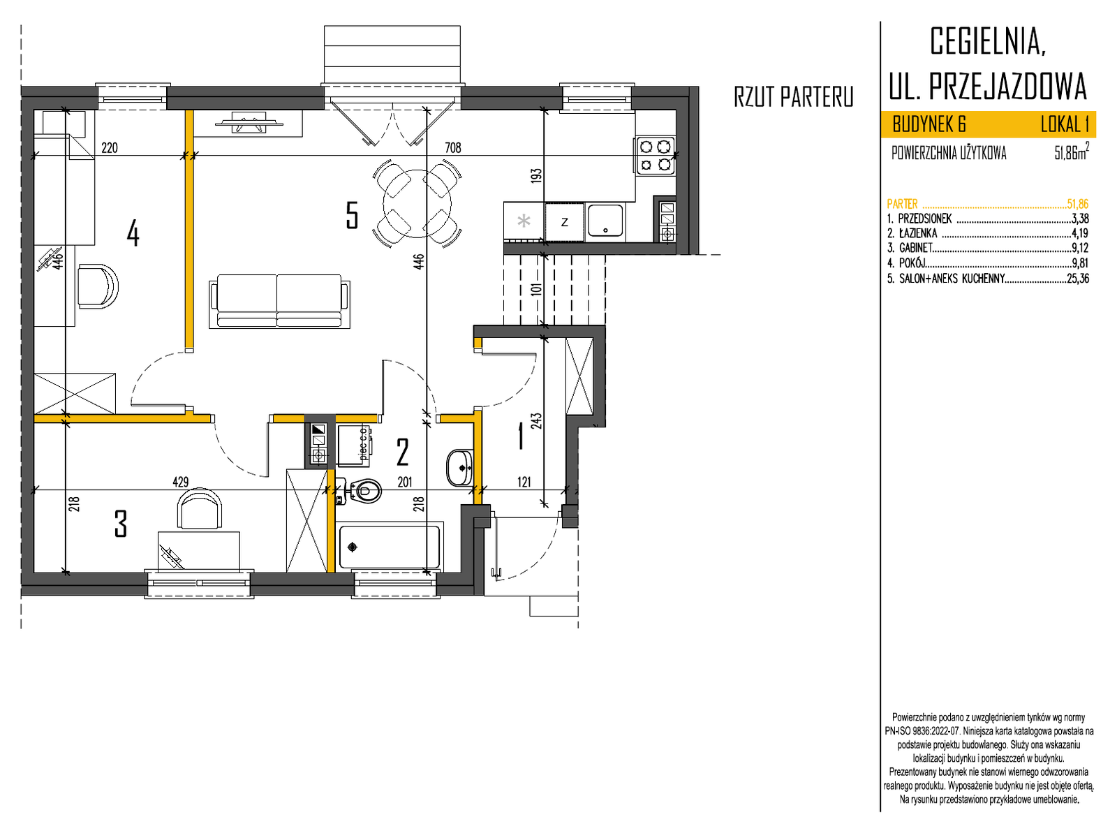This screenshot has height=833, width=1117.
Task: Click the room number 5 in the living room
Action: tap(352, 215)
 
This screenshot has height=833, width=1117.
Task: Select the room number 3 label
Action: tap(121, 524)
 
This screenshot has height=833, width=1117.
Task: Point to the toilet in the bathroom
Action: tap(363, 491)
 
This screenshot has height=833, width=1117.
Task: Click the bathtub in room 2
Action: tap(390, 547)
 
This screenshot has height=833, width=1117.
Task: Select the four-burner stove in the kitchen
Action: tap(654, 156)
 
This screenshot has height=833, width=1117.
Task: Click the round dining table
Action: tap(417, 204)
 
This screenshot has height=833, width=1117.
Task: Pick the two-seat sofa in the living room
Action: tap(279, 301)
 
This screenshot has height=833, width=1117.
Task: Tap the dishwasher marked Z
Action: tap(564, 221)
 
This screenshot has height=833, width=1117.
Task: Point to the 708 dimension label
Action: tap(452, 147)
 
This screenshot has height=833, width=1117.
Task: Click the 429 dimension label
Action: tap(181, 481)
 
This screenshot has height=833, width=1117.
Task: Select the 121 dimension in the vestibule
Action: tap(524, 481)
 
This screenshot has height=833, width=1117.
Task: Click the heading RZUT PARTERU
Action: tap(793, 96)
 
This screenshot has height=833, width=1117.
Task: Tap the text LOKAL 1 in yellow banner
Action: tap(1065, 124)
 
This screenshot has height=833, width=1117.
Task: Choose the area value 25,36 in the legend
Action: tap(1078, 279)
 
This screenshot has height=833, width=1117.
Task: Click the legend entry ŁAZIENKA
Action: tap(917, 234)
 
